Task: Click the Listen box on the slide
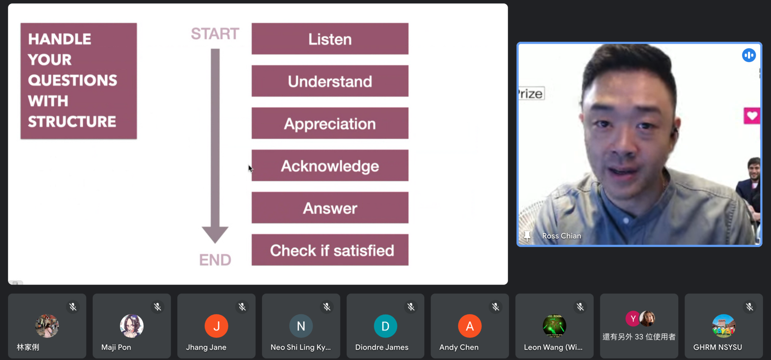tap(330, 39)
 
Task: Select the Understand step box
tap(330, 81)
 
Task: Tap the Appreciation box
tap(330, 123)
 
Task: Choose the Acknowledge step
tap(330, 165)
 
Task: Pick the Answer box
tap(330, 207)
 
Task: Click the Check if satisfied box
tap(330, 250)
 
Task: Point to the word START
tap(215, 34)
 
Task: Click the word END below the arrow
tap(215, 260)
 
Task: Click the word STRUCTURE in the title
tap(72, 122)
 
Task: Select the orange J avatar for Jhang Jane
tap(216, 326)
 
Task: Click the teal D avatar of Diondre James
tap(385, 326)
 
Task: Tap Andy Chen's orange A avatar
tap(470, 326)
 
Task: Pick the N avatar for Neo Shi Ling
tap(301, 326)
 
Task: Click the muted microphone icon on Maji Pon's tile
tap(157, 307)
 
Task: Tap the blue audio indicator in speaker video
tap(749, 55)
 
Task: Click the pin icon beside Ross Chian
tap(527, 236)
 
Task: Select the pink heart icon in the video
tap(752, 116)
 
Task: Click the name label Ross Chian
tap(561, 236)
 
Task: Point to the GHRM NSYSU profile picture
tap(724, 326)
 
